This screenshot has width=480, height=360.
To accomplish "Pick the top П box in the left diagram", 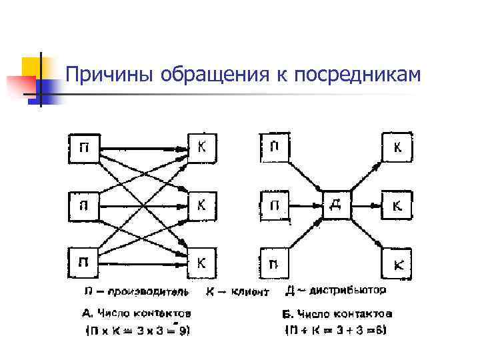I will point(82,147).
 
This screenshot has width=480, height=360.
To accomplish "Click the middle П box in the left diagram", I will point(82,204).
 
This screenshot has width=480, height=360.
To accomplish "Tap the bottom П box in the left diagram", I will point(82,261).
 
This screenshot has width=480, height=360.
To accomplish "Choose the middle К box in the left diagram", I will point(201,204).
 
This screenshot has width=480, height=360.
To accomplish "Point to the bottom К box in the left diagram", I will point(201,261).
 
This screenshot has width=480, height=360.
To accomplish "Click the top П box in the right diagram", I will point(273,147).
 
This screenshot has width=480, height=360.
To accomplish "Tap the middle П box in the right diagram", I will point(273,204).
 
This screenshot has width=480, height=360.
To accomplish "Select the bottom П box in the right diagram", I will point(273,263).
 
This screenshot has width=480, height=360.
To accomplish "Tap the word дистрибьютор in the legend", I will point(353,290).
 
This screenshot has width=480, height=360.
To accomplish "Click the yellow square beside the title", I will point(32,67).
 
